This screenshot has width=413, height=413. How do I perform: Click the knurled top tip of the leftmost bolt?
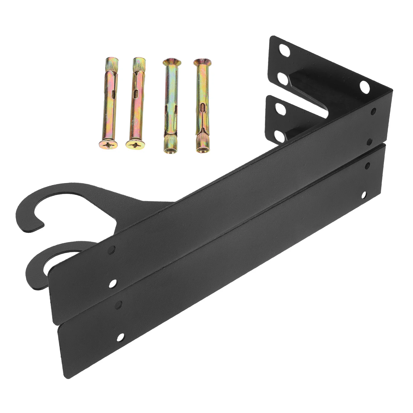coord(112,62)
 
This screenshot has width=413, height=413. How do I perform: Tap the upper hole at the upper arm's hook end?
coord(112,250)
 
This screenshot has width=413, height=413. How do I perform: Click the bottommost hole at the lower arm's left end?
coord(120,337)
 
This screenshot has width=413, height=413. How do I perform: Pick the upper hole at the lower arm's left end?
coord(118,305)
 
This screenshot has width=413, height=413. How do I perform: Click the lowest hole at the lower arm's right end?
coord(364,195)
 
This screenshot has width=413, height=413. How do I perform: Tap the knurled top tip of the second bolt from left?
coord(139,62)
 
